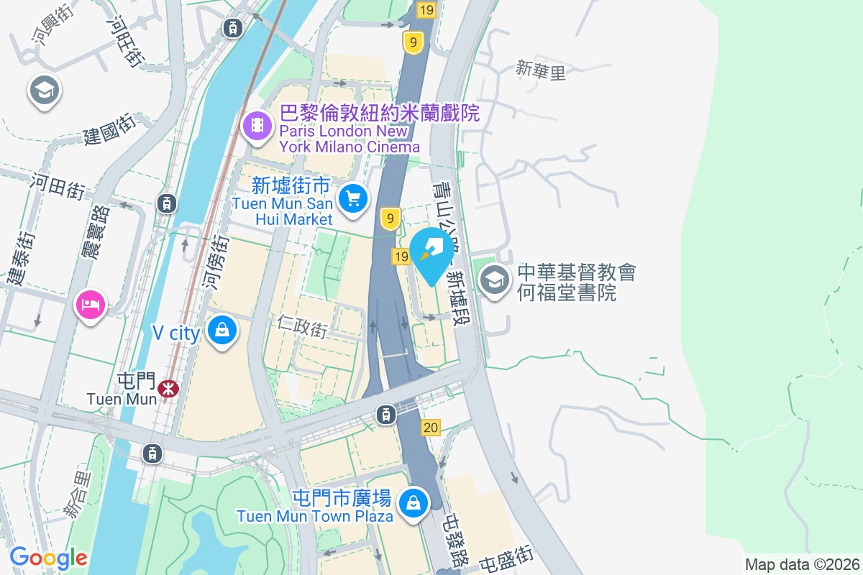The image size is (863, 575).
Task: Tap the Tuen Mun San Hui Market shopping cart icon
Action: point(352,198)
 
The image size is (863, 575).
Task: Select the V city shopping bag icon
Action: point(222,331)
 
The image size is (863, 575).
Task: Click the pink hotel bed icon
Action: point(90,304)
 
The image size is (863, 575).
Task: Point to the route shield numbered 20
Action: point(431,428)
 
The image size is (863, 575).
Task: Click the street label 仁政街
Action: point(302,326)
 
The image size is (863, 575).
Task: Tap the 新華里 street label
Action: point(541,70)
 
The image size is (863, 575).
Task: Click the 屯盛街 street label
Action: point(507,558)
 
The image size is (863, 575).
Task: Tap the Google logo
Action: point(48,558)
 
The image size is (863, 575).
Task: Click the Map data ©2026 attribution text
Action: point(802,564)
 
